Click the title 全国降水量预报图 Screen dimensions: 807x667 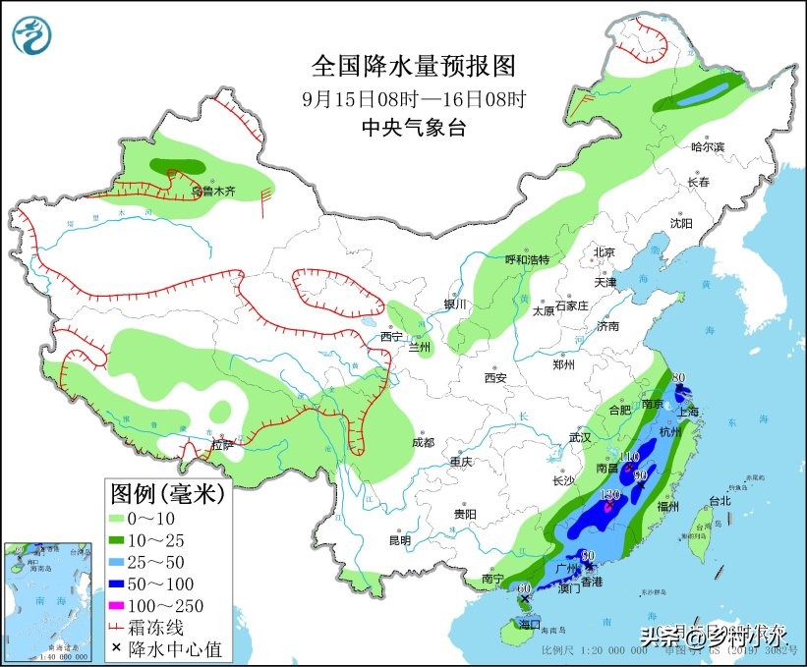coord(413,66)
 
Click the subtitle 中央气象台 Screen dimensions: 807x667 coord(413,126)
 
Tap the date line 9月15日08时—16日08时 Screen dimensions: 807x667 coord(414,98)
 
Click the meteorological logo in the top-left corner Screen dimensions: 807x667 coord(33,33)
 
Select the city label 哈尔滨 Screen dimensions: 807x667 coord(706,146)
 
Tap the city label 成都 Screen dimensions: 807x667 coord(424,442)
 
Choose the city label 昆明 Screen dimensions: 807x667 coord(399,539)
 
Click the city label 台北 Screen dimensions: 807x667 coord(720,500)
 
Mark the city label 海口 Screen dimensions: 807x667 coord(530,625)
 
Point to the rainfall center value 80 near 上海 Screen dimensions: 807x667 coord(678,376)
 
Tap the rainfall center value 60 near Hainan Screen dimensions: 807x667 coord(524,586)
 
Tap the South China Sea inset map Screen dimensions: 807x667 coord(50,599)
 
